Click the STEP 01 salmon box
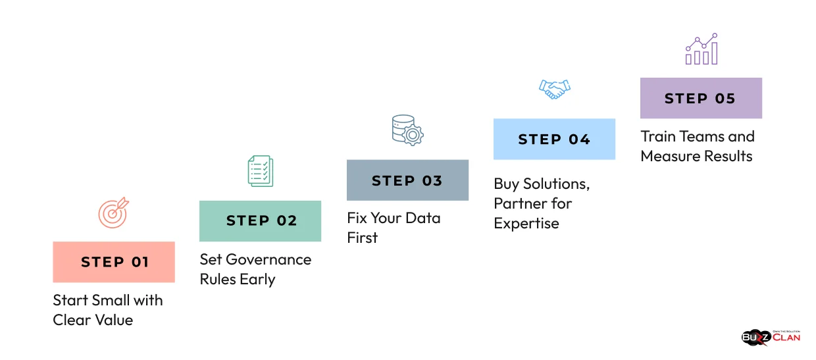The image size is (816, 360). point(114,262)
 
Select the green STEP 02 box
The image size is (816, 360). point(261,221)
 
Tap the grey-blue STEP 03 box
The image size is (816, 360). point(407,180)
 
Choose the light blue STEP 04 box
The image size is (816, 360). point(554,139)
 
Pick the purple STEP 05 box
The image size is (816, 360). point(701,98)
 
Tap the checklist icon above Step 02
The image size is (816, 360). point(261,171)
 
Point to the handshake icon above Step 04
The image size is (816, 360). point(554,89)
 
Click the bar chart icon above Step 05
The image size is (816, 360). point(701,49)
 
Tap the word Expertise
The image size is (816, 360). point(526,224)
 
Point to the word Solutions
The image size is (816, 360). point(553,184)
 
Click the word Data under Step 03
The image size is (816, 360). point(422,219)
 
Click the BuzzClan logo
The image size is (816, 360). point(771,337)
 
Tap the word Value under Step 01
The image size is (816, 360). point(113,321)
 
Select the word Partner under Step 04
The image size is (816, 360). point(517,204)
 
